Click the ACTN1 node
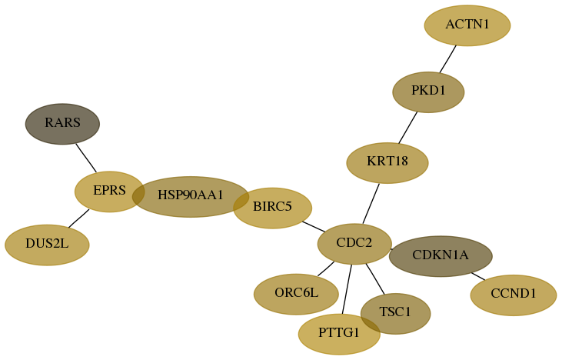pyautogui.click(x=467, y=25)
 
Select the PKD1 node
pyautogui.click(x=428, y=92)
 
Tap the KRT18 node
pyautogui.click(x=387, y=163)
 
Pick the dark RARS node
pyautogui.click(x=62, y=124)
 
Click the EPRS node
pyautogui.click(x=109, y=192)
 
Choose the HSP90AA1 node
pyautogui.click(x=191, y=196)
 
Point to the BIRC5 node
pyautogui.click(x=272, y=208)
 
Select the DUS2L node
pyautogui.click(x=47, y=245)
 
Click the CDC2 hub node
pyautogui.click(x=354, y=244)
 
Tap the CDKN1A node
pyautogui.click(x=441, y=256)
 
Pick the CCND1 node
pyautogui.click(x=514, y=295)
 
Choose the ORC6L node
pyautogui.click(x=296, y=294)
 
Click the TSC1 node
pyautogui.click(x=395, y=314)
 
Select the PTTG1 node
pyautogui.click(x=339, y=334)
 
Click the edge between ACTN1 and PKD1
pyautogui.click(x=448, y=58)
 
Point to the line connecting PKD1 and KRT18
pyautogui.click(x=408, y=128)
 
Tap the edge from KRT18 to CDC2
pyautogui.click(x=371, y=204)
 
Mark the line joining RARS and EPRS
pyautogui.click(x=86, y=158)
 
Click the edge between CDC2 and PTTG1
pyautogui.click(x=347, y=289)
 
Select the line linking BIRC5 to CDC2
pyautogui.click(x=314, y=227)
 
